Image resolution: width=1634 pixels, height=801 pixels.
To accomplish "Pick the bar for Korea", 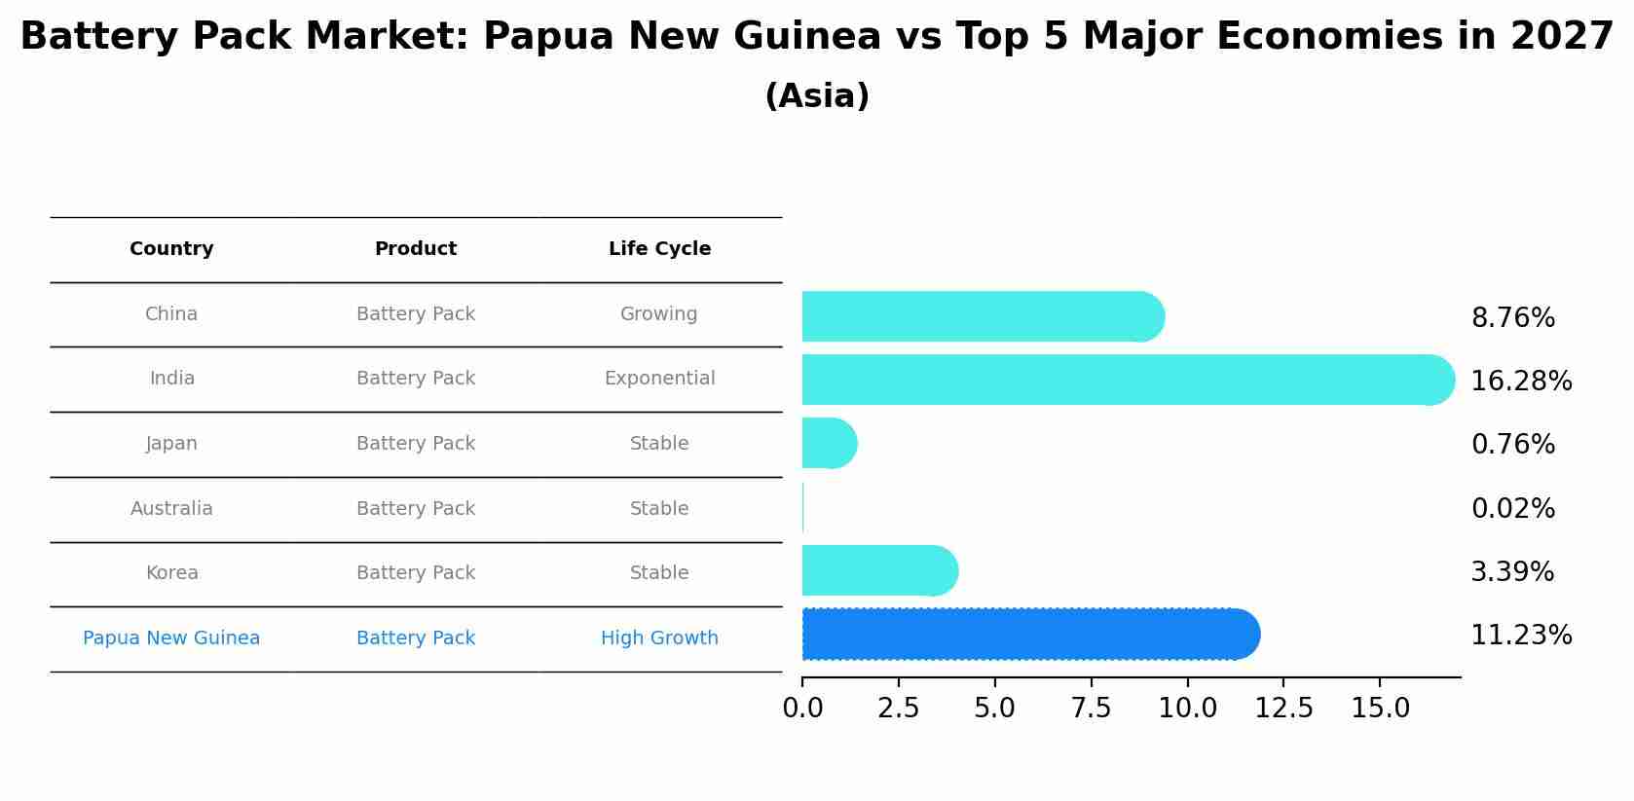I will coord(876,570).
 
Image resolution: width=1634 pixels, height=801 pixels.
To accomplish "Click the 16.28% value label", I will coord(1520,381).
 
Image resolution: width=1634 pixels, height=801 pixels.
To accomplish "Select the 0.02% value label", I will coord(1512,508).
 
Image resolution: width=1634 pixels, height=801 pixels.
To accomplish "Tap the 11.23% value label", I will coord(1520,635).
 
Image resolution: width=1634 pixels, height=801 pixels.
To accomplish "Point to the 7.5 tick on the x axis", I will coord(1091,709).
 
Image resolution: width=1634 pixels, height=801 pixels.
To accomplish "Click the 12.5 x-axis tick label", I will coord(1283,709).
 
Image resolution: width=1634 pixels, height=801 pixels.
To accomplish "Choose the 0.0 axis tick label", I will coord(802,709).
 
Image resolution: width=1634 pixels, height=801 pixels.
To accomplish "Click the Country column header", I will coord(171,249).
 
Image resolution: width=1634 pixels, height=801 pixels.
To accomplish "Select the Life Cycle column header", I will coord(659,249).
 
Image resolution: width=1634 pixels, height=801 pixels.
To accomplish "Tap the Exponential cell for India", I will coord(659,379).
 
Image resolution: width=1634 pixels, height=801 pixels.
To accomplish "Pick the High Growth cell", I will coord(659,638).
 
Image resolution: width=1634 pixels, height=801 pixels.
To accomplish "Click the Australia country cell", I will coord(171,508).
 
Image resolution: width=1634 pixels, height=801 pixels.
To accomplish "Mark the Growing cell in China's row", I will coord(659,314).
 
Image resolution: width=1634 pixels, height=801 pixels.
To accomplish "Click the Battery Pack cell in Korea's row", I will coord(416,573).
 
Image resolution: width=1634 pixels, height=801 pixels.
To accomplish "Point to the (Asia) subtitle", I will coord(817,96).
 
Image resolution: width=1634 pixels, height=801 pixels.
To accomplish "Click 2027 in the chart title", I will coord(1562,37).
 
